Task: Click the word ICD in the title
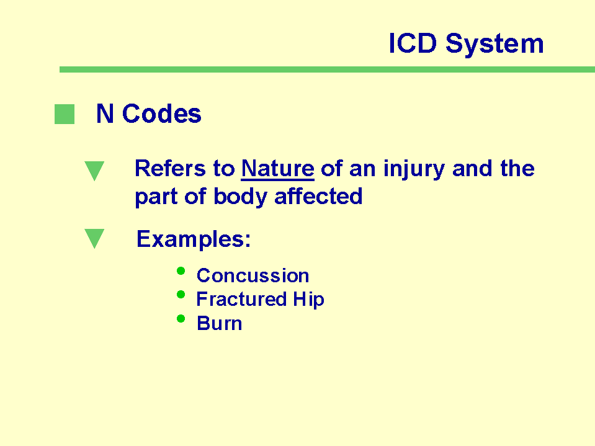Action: (x=413, y=43)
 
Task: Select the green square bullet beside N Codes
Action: (x=65, y=114)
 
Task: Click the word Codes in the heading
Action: (x=162, y=114)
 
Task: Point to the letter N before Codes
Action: (x=105, y=114)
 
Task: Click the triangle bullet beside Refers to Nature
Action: (x=94, y=171)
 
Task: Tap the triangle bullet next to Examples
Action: (x=94, y=238)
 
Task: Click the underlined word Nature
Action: (x=278, y=168)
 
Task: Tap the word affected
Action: (x=318, y=196)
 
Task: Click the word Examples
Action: (x=194, y=239)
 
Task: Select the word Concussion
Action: (x=253, y=275)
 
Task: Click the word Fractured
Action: (x=241, y=299)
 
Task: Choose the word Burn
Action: (x=220, y=324)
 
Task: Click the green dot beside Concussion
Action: (x=181, y=271)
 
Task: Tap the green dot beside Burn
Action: (x=181, y=319)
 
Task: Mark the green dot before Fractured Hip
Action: (x=181, y=294)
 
